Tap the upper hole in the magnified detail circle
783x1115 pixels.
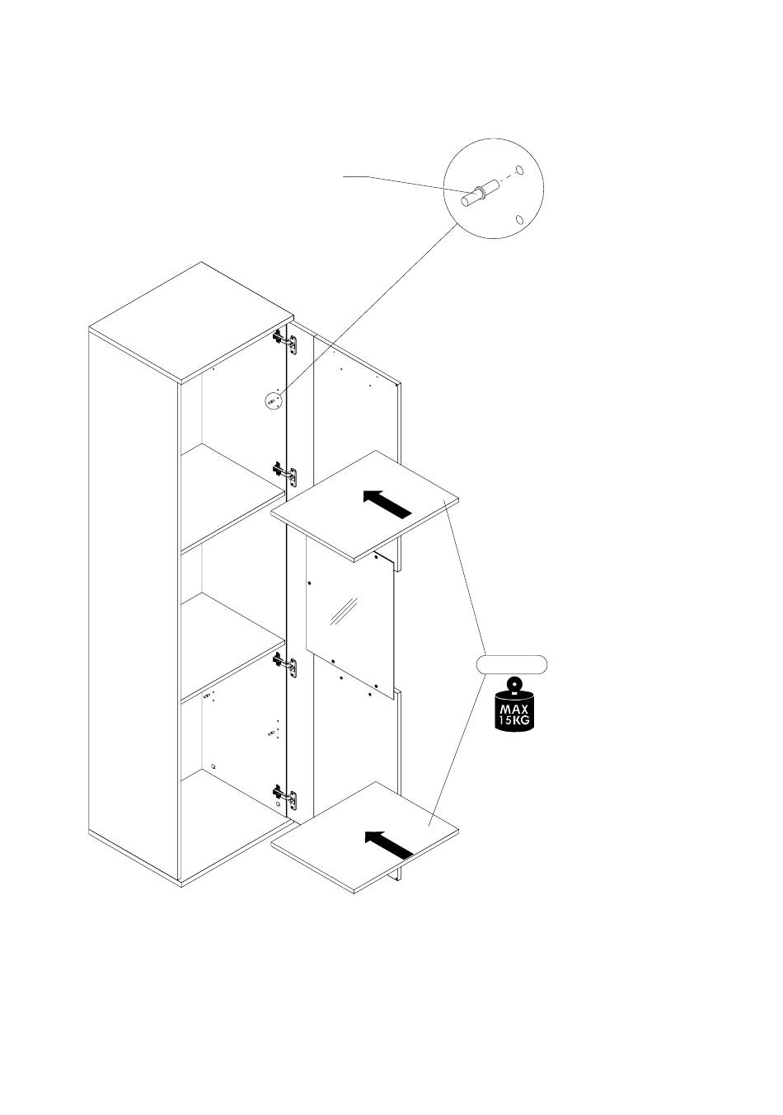tap(518, 171)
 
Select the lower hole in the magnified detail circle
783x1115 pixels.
tap(519, 219)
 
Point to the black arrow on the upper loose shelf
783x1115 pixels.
tap(387, 503)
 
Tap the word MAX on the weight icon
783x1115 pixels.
tap(513, 710)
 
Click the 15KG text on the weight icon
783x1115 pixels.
tap(513, 721)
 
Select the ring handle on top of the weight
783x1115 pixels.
tap(513, 684)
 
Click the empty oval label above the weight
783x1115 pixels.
tap(513, 665)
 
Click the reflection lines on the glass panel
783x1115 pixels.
tap(340, 611)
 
